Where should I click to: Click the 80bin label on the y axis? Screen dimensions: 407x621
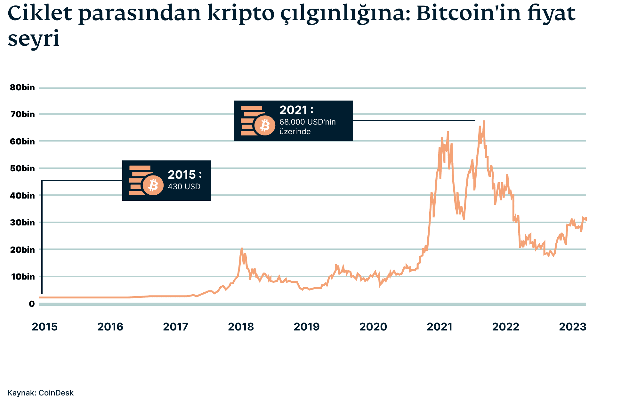click(22, 88)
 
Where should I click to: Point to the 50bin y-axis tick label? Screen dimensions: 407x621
click(22, 168)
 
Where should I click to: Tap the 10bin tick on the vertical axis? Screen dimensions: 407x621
click(22, 277)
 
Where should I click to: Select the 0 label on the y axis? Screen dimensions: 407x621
click(32, 304)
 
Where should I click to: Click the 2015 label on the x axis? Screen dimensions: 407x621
click(44, 327)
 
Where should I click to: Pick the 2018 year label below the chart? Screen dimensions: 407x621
click(241, 327)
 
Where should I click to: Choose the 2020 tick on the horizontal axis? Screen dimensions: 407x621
click(373, 327)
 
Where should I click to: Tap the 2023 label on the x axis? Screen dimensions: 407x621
click(572, 327)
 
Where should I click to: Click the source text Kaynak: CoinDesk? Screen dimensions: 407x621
click(40, 393)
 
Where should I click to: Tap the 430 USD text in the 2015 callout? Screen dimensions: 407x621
click(184, 187)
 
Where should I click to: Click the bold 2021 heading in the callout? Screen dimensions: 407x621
click(294, 110)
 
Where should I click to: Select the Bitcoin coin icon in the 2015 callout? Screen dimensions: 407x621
click(153, 185)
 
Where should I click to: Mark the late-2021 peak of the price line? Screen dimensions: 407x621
click(484, 121)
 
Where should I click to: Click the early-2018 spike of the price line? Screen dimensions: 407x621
click(242, 248)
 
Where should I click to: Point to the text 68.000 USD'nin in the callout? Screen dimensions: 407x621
click(307, 122)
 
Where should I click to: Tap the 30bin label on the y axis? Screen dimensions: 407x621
click(22, 223)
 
